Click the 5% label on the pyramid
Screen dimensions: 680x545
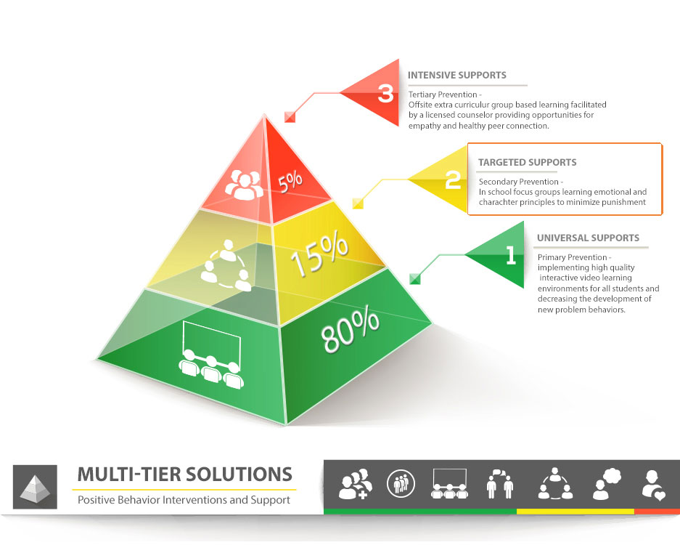290,181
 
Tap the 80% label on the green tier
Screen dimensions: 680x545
350,328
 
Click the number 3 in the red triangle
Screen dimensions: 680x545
385,93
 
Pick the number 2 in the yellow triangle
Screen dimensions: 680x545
453,179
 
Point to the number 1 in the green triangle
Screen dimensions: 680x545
511,255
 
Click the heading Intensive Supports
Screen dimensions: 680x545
456,75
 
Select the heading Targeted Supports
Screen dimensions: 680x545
528,163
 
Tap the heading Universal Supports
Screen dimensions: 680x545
588,238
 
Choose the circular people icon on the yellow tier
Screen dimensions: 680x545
226,266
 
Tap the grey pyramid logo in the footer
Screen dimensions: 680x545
35,487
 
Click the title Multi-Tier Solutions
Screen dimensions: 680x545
185,475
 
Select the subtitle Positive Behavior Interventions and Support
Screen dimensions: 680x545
184,500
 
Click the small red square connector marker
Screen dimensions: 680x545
290,117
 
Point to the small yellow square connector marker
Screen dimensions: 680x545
358,203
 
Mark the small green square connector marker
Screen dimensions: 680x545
415,279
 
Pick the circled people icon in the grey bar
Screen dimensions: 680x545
401,483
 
